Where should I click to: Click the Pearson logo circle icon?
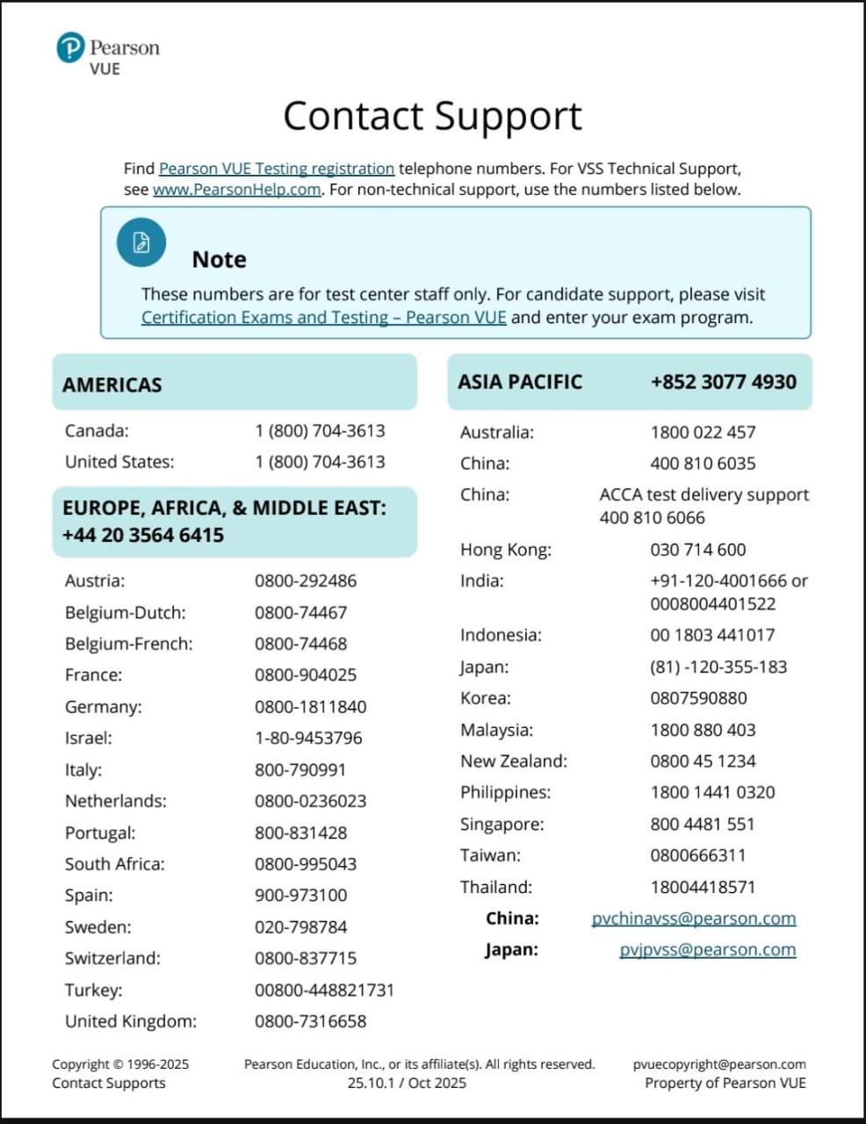(x=70, y=47)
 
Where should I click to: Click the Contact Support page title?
(x=432, y=116)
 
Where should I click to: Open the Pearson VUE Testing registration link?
(x=277, y=169)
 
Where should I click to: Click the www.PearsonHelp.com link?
(x=236, y=190)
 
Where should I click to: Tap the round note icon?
(x=141, y=242)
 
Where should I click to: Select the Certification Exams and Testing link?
(x=323, y=318)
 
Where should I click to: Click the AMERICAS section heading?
(x=112, y=385)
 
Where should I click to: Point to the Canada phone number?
(x=320, y=431)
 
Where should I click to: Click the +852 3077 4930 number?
(x=723, y=382)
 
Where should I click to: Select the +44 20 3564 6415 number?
(x=143, y=535)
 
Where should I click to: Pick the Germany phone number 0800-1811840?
(x=310, y=707)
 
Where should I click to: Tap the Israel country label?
(x=89, y=739)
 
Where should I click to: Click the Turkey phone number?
(x=324, y=991)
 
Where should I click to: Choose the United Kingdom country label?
(x=131, y=1021)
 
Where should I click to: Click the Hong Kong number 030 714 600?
(x=697, y=550)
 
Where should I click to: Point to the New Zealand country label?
(x=514, y=761)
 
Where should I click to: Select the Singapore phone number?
(x=702, y=825)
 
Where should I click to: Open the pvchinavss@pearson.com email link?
(x=693, y=919)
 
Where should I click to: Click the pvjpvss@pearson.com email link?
(x=707, y=950)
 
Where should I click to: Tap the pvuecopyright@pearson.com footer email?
(x=719, y=1064)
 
